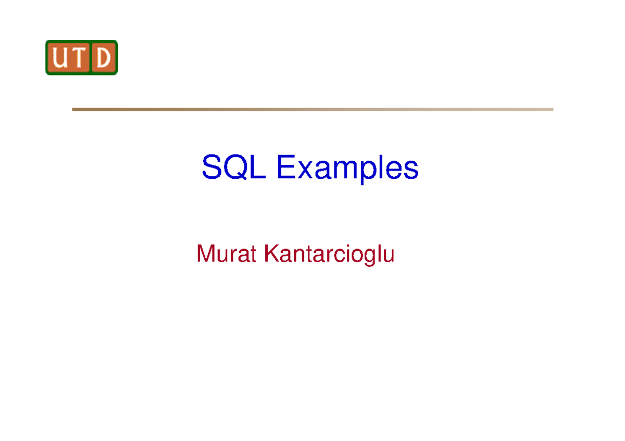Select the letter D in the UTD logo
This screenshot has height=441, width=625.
(x=104, y=58)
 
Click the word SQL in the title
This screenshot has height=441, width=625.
(x=233, y=168)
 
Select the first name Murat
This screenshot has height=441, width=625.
(x=227, y=254)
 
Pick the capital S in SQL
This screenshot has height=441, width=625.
(x=211, y=168)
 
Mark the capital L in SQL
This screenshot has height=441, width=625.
(x=257, y=168)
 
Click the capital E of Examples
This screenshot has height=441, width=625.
(x=285, y=168)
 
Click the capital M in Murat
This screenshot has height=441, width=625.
(x=205, y=254)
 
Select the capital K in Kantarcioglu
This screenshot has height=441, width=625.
(x=270, y=254)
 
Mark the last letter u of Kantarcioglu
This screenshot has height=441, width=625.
(x=389, y=256)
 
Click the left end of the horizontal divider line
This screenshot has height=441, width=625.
(x=73, y=109)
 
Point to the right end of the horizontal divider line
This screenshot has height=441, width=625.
(x=552, y=109)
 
